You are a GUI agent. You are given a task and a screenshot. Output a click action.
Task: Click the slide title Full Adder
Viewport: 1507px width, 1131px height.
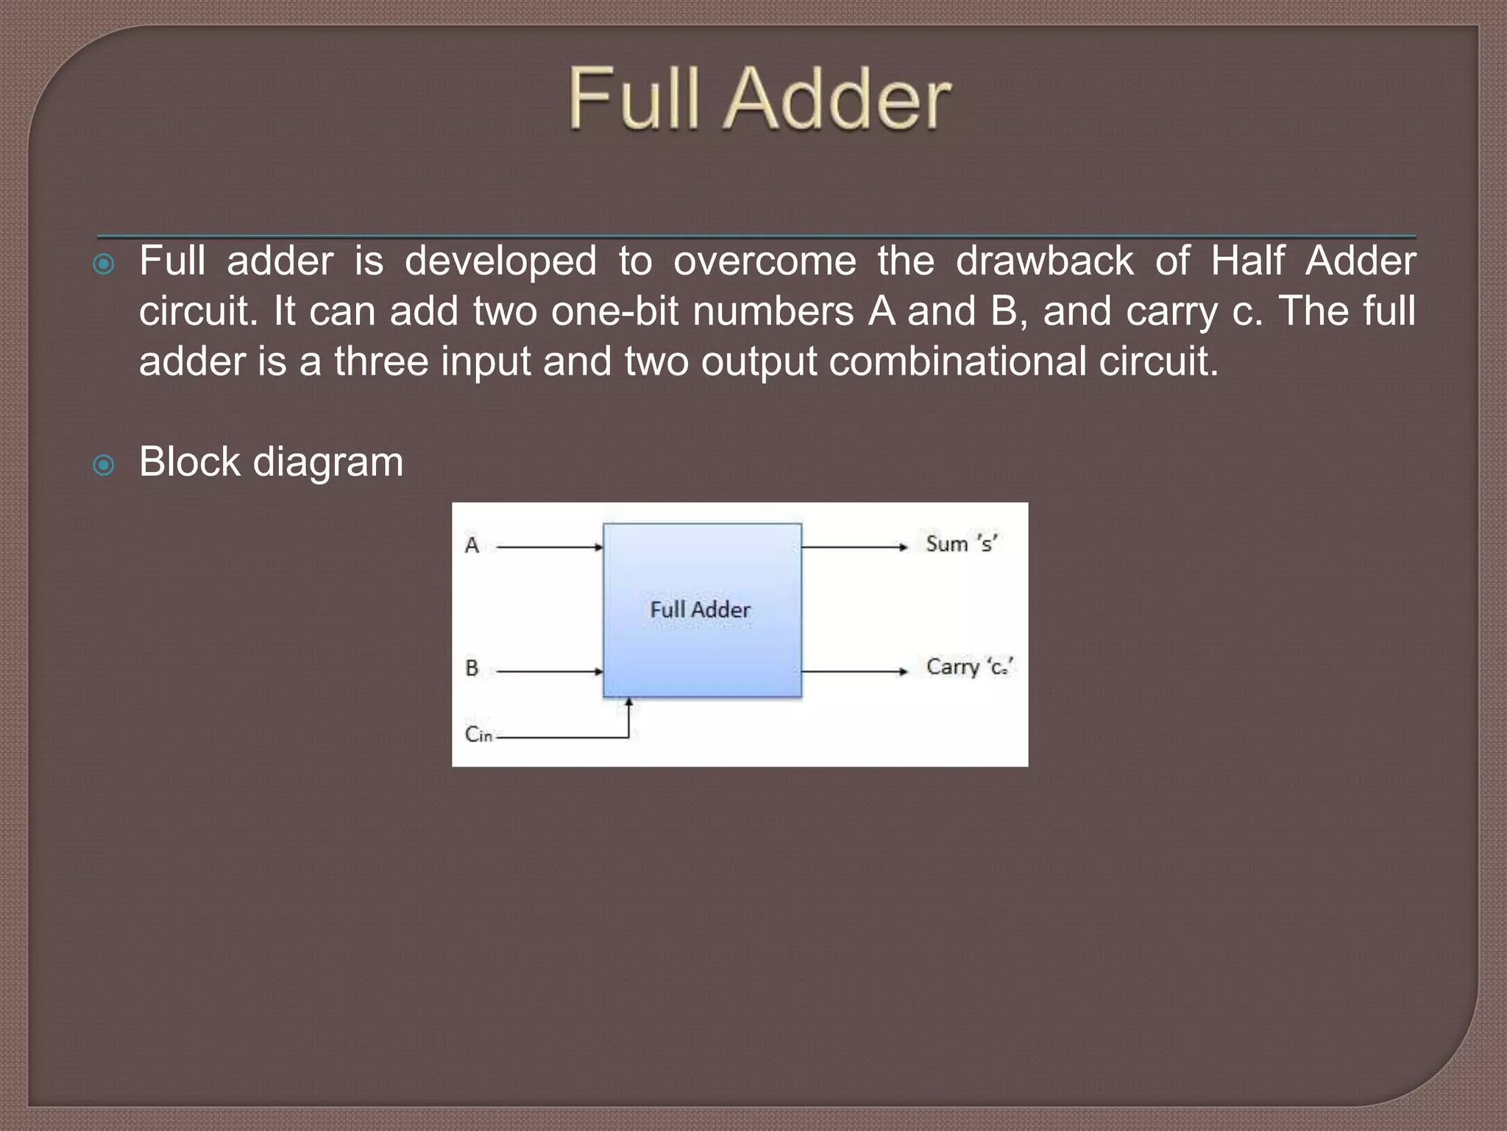click(x=759, y=99)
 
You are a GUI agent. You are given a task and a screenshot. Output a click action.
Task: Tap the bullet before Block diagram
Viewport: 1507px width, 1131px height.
click(x=104, y=465)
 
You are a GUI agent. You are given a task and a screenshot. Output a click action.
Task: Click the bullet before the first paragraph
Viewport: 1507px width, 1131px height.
click(x=104, y=264)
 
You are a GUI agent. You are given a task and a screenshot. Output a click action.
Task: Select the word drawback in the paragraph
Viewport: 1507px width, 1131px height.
click(x=1044, y=261)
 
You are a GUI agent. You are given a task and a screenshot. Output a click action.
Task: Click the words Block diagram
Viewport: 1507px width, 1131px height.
click(x=271, y=462)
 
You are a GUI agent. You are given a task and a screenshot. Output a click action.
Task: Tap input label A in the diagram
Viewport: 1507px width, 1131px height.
click(x=472, y=546)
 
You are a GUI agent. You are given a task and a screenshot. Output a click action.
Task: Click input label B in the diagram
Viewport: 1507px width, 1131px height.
click(x=472, y=669)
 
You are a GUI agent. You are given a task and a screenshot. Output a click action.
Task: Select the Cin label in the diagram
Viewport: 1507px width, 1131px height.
click(x=478, y=734)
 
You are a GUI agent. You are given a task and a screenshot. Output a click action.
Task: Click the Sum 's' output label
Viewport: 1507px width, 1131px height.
click(x=961, y=544)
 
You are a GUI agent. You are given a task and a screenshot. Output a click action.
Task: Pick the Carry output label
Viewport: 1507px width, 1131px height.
click(x=969, y=667)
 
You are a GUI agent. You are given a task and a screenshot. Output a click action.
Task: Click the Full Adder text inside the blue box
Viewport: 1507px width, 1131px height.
click(x=700, y=610)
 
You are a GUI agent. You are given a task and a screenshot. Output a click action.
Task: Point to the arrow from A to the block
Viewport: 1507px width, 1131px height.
click(x=550, y=547)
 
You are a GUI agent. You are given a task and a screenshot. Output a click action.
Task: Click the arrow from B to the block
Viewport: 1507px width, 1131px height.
click(x=550, y=671)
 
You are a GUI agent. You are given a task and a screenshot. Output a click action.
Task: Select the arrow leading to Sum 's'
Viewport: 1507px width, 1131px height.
click(x=854, y=547)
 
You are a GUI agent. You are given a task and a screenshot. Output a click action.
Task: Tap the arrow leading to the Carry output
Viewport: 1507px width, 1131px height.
click(x=854, y=671)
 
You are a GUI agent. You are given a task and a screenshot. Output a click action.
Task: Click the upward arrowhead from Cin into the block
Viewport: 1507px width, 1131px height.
click(x=628, y=705)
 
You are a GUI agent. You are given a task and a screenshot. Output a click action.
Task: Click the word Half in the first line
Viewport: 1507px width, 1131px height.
click(x=1247, y=261)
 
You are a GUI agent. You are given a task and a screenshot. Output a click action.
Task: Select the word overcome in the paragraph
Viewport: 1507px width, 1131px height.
click(x=765, y=261)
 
